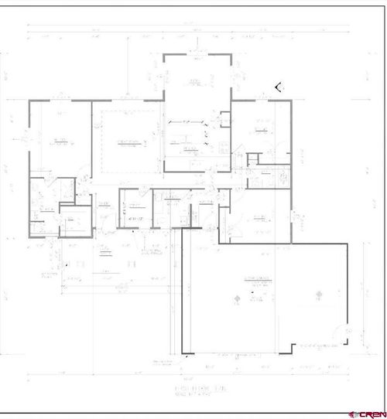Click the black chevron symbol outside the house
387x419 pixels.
[278, 87]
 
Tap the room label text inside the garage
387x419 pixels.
[258, 279]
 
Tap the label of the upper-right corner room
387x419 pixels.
[261, 129]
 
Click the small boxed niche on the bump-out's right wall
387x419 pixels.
[225, 119]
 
